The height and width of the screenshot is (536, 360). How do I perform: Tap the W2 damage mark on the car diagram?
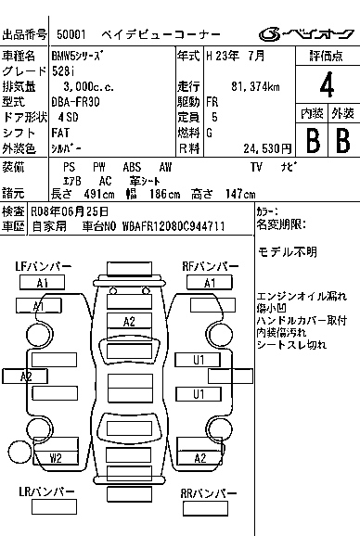click(56, 458)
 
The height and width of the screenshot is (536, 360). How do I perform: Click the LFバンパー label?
click(43, 267)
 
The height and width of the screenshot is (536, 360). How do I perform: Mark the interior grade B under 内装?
click(313, 141)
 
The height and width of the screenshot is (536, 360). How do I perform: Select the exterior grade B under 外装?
click(342, 141)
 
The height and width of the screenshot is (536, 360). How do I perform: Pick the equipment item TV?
click(256, 167)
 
